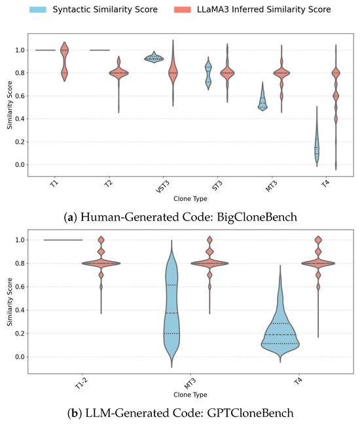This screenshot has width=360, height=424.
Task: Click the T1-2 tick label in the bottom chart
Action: (79, 386)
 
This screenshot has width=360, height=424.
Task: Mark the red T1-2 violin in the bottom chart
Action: (101, 264)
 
